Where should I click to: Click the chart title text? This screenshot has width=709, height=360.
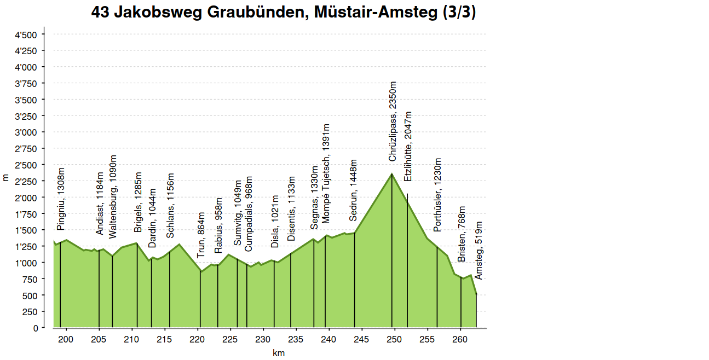pos(284,13)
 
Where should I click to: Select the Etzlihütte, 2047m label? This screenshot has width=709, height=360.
pos(407,147)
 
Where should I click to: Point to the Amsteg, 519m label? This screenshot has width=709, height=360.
pos(479,250)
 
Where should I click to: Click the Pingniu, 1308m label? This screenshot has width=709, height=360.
pos(61,199)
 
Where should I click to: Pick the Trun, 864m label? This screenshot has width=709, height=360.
pos(201,235)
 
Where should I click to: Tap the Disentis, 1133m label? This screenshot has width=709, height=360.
pos(291,208)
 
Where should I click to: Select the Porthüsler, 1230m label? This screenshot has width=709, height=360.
pos(437,195)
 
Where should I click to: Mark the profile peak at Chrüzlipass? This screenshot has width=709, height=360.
pos(392,174)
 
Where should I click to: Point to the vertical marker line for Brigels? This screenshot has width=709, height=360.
pos(137,284)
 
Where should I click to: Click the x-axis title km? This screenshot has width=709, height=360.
pos(279,353)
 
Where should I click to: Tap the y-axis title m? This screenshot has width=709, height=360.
pos(6,177)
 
